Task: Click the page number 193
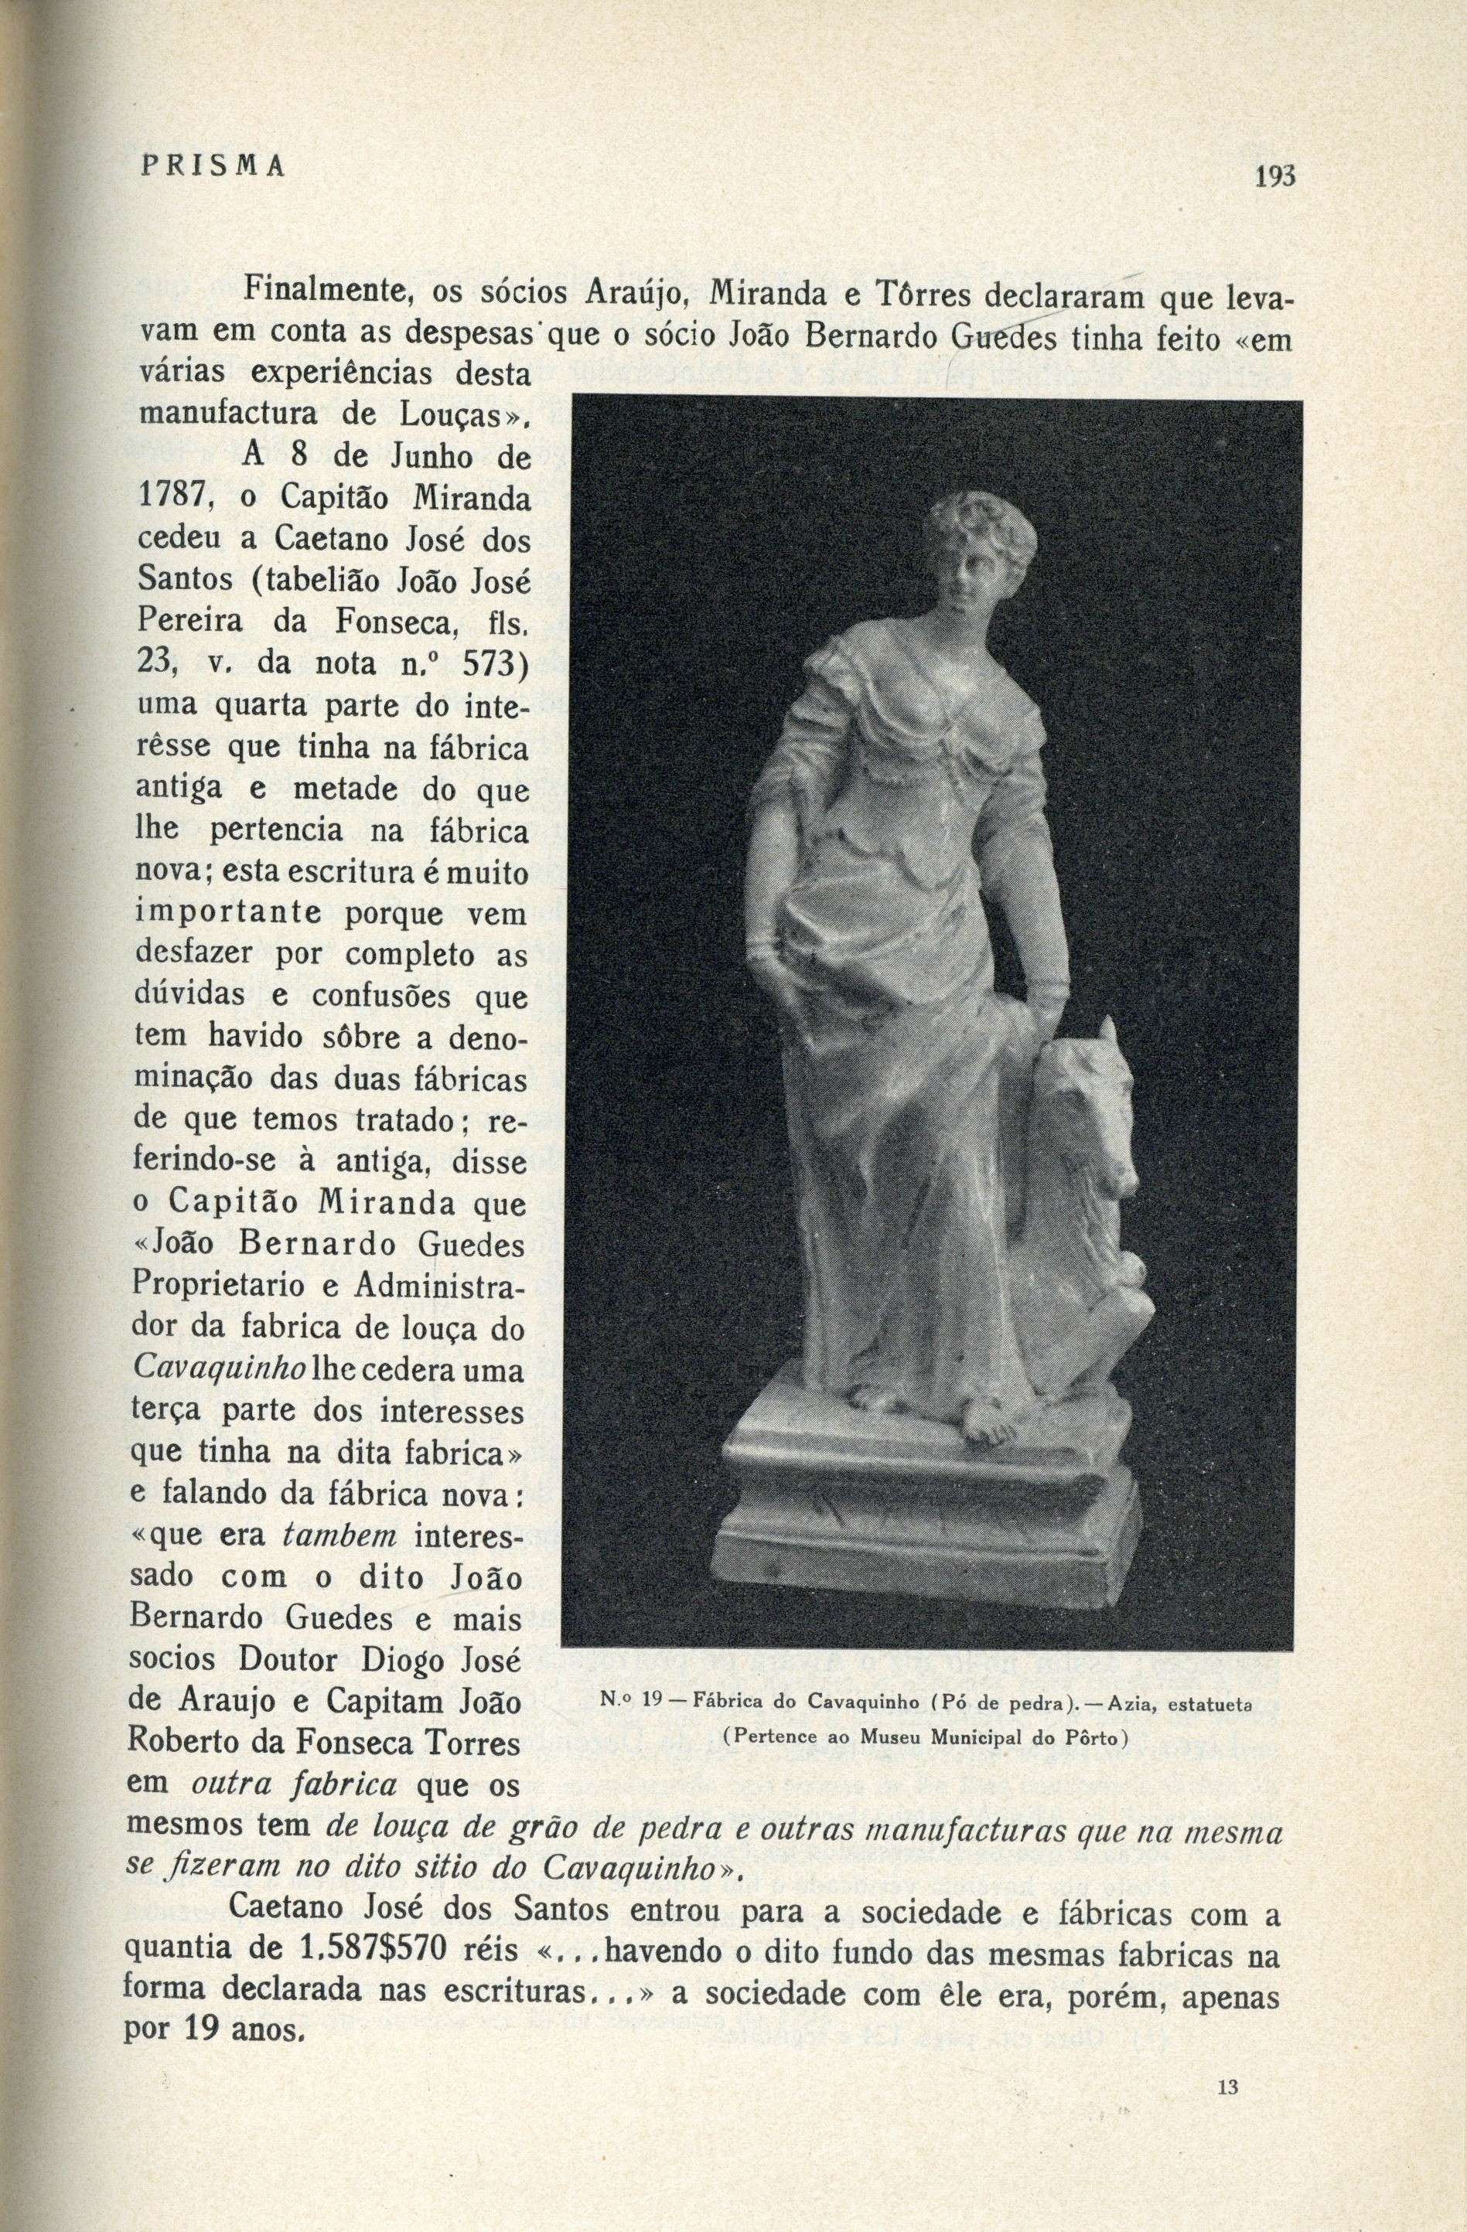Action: click(1274, 175)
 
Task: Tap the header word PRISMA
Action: click(211, 166)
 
